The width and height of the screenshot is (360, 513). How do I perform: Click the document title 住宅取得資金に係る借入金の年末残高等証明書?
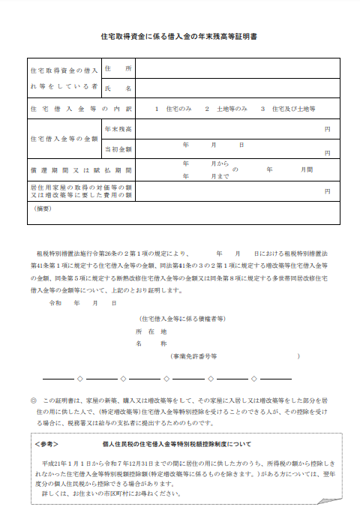[179, 35]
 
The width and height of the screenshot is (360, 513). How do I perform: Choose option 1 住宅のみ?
[173, 109]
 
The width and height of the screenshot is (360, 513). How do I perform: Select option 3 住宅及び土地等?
[288, 109]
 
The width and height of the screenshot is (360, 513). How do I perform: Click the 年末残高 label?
[118, 130]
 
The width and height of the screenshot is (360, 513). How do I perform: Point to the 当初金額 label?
[118, 148]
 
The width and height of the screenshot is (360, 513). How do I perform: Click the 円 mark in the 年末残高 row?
[327, 130]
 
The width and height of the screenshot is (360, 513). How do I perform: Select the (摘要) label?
[43, 208]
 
